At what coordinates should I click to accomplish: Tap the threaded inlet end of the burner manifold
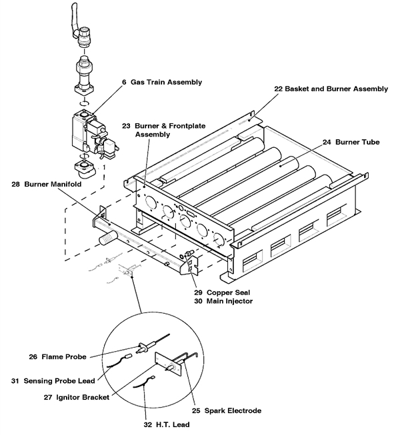[x=105, y=235]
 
